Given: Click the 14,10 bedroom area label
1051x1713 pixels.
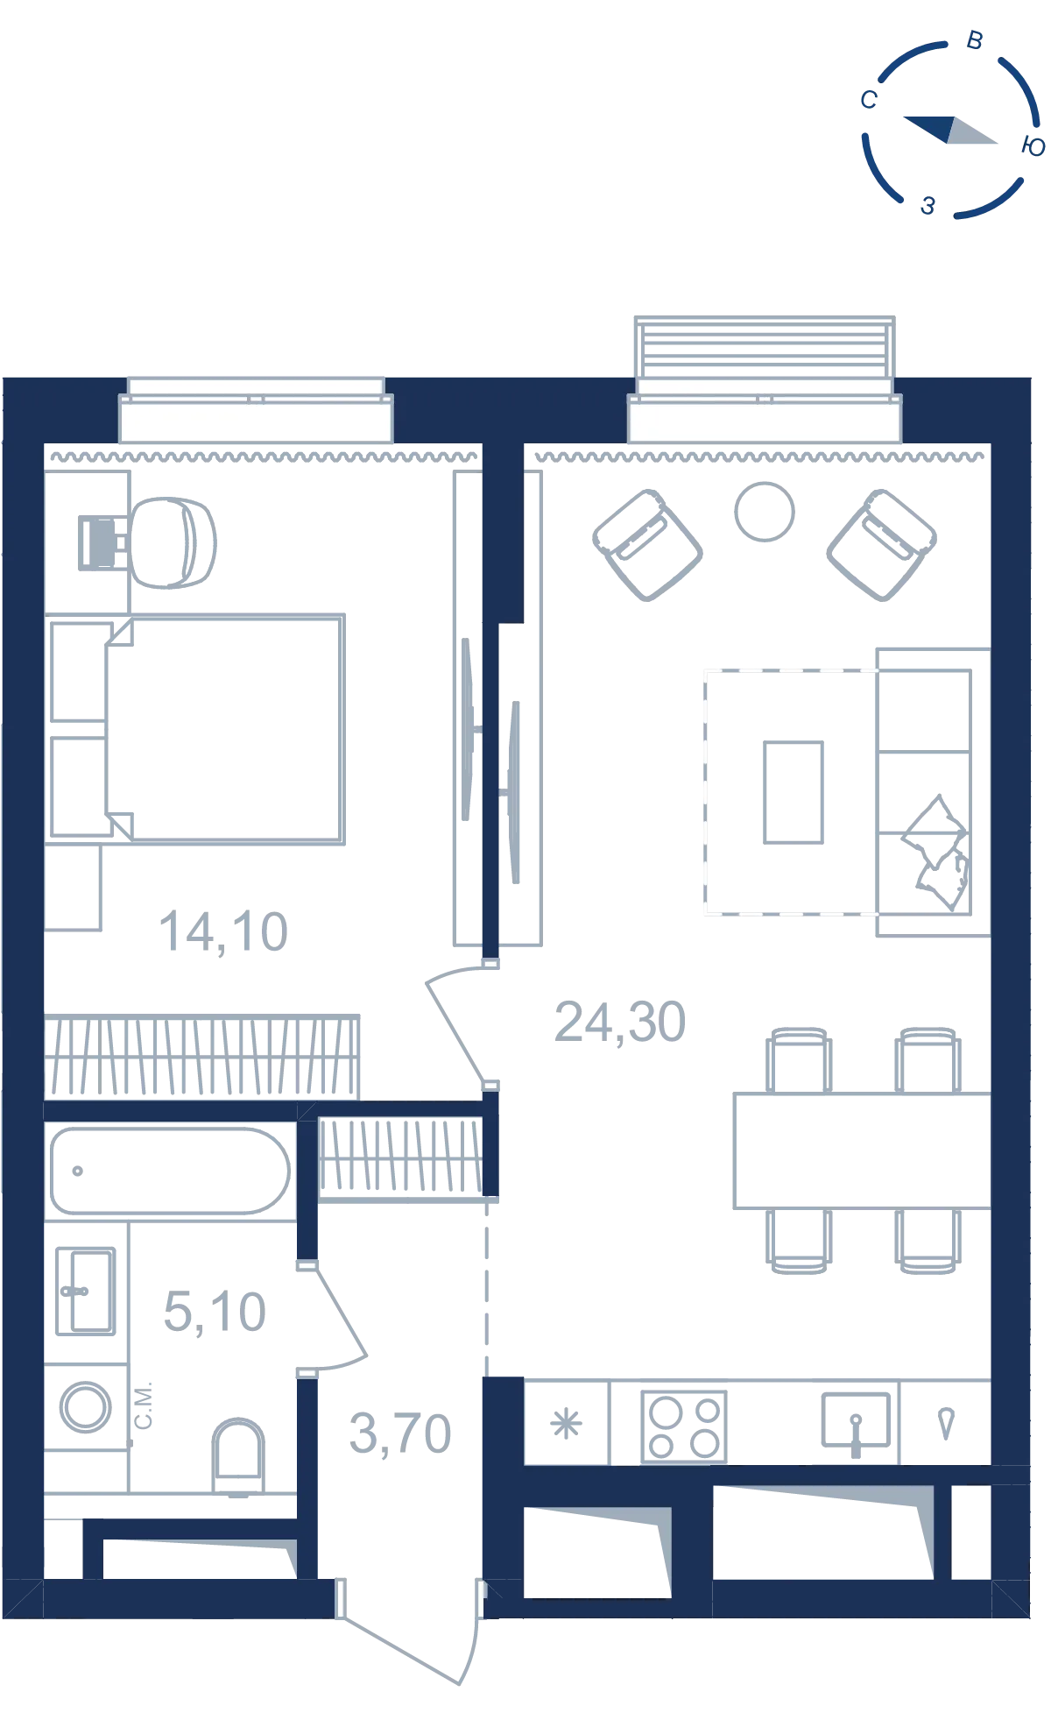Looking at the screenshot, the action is [223, 931].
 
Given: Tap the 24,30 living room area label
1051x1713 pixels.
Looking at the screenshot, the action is [620, 1022].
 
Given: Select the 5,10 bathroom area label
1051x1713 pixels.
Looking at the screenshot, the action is [215, 1312].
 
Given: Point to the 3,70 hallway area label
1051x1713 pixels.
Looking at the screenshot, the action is [400, 1433].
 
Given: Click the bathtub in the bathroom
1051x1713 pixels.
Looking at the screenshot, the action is [170, 1171].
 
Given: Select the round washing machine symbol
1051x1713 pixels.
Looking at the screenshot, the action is [85, 1407].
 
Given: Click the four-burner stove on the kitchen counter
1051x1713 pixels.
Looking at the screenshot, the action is [684, 1426].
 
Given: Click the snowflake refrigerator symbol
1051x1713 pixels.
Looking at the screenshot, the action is [566, 1424].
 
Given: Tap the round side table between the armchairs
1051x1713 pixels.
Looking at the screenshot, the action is [765, 512].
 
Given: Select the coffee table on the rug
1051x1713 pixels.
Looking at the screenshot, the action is [794, 792].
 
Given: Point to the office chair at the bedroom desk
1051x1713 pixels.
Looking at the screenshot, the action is [172, 543].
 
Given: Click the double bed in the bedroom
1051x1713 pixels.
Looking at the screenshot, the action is [223, 729].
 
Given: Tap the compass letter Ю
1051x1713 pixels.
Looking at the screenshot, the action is [1033, 146].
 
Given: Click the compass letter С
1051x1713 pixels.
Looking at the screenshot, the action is [869, 100].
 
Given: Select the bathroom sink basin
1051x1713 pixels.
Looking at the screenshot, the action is [85, 1292].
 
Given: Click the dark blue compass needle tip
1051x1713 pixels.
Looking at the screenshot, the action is [903, 117].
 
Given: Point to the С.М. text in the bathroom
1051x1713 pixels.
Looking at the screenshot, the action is [144, 1405].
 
